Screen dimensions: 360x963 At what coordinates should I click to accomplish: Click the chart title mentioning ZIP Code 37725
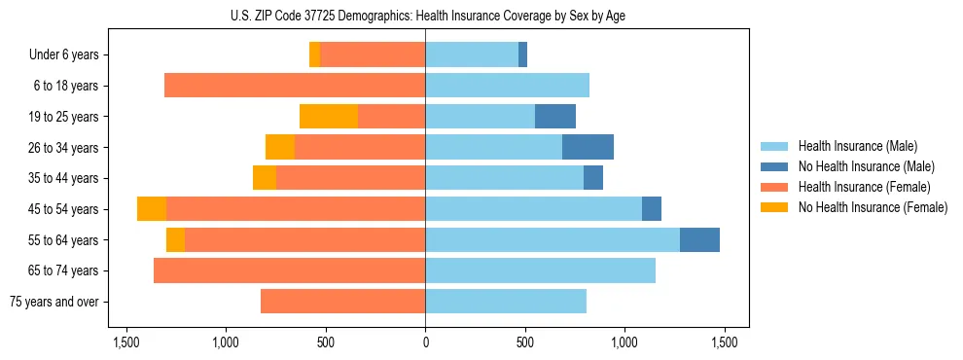tap(425, 15)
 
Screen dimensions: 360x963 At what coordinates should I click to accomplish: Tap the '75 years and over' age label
tap(54, 302)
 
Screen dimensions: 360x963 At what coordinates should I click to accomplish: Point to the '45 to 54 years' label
tap(64, 209)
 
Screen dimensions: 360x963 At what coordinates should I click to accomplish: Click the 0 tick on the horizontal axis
tap(425, 343)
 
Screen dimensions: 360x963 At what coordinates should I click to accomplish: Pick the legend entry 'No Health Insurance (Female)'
tap(873, 207)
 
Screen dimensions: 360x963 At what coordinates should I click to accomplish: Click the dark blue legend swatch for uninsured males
tap(775, 166)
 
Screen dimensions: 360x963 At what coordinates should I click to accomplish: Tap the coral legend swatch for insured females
tap(775, 187)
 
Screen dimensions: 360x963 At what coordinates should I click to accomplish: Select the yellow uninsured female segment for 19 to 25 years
tap(329, 117)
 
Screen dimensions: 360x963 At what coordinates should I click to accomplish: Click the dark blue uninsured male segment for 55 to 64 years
tap(699, 239)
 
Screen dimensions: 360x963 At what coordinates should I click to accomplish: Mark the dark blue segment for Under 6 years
tap(522, 55)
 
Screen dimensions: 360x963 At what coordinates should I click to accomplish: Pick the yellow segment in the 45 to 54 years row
tap(152, 209)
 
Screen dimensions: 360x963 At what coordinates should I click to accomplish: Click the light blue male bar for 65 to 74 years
tap(540, 270)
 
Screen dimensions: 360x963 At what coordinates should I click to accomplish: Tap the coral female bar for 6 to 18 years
tap(295, 86)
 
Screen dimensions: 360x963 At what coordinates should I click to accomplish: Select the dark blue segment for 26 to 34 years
tap(588, 147)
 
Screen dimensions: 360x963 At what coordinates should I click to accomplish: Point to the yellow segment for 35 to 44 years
tap(265, 178)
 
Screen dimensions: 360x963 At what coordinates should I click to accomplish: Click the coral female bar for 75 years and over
tap(342, 302)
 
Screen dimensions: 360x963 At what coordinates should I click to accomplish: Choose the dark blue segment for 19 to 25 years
tap(555, 117)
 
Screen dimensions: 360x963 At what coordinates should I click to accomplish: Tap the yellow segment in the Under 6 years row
tap(314, 55)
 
